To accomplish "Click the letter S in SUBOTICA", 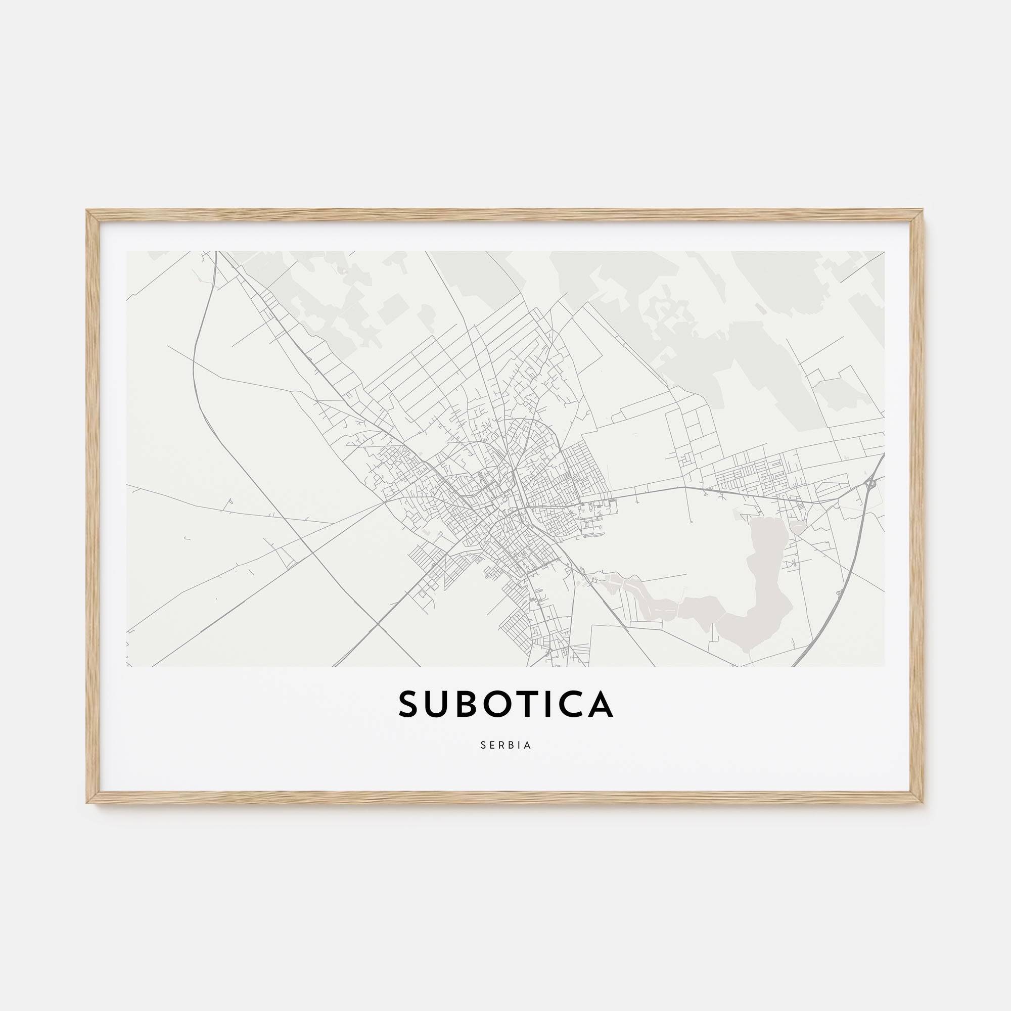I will pos(411,704).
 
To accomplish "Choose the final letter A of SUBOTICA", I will pos(600,704).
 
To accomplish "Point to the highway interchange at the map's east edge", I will pos(869,484).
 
